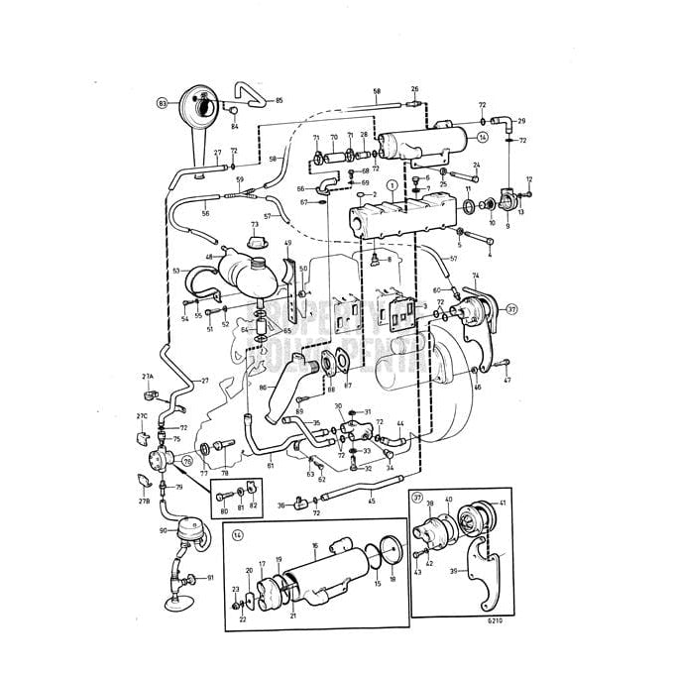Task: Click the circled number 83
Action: (x=163, y=102)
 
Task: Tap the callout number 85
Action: (x=279, y=101)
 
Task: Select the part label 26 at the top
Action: (x=414, y=89)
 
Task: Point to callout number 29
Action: (x=521, y=121)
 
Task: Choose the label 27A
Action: (x=148, y=378)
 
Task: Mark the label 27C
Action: (x=142, y=416)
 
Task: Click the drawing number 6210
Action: (x=495, y=619)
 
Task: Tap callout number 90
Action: (x=163, y=531)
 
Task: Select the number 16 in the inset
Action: (x=314, y=545)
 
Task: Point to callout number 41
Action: (x=503, y=504)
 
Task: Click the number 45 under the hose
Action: (x=371, y=500)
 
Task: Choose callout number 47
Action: (x=506, y=380)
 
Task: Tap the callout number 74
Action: (x=475, y=276)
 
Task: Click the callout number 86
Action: (x=263, y=388)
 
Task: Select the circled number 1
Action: (x=392, y=185)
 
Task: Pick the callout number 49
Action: (x=288, y=244)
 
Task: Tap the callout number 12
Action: (x=529, y=179)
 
